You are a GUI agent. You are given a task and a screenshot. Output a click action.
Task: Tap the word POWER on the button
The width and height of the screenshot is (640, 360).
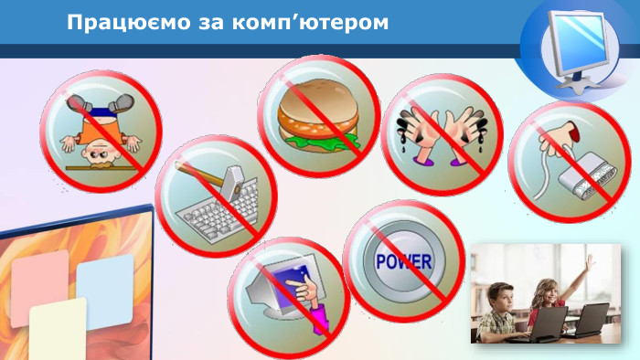tap(403, 262)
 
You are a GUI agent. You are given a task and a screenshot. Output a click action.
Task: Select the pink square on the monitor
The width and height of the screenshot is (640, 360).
tap(38, 280)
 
